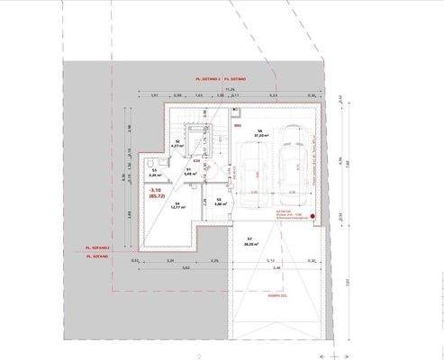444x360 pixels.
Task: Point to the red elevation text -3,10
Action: (x=155, y=190)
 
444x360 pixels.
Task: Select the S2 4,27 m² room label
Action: (x=177, y=144)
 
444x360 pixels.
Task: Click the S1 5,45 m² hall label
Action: (x=189, y=172)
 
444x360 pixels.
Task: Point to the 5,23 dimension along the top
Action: (x=273, y=95)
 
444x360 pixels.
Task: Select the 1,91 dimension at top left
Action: (x=153, y=95)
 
